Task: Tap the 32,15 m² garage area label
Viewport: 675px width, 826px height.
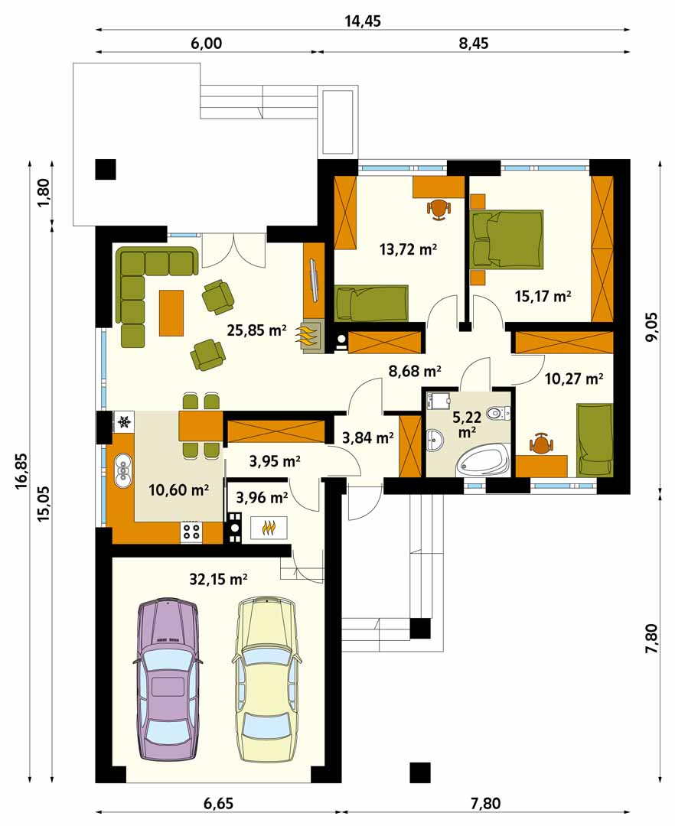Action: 218,580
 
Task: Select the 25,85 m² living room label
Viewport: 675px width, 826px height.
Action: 256,330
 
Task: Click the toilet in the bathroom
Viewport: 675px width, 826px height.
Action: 498,413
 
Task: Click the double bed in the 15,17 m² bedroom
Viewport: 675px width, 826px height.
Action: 507,239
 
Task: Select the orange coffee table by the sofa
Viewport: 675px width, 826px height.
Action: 171,313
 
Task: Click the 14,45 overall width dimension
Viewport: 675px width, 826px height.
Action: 363,21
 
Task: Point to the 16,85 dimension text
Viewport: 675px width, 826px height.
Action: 21,471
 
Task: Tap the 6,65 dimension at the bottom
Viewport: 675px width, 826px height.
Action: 217,804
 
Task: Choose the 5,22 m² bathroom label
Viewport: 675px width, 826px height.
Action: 467,424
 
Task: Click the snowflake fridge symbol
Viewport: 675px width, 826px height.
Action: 124,421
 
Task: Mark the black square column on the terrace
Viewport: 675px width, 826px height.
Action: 106,169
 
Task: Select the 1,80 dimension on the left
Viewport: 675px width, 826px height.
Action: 44,193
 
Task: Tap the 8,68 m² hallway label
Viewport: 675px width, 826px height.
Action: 415,371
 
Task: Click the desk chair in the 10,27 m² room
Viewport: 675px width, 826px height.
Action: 541,444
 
